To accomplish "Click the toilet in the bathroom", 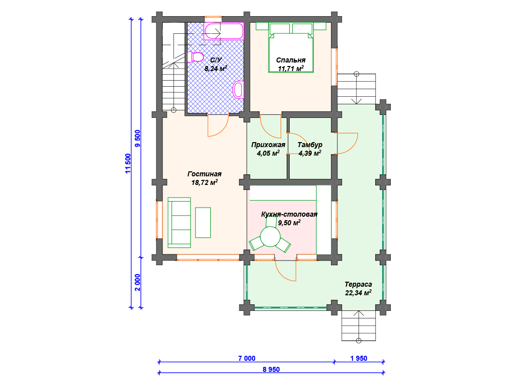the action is (196, 57).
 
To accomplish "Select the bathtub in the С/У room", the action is (224, 31).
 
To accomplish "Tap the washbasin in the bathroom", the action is (238, 89).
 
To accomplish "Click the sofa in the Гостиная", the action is (179, 222).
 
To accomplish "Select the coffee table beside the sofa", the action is (203, 222).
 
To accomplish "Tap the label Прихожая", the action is (268, 145).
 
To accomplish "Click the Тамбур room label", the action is (310, 145).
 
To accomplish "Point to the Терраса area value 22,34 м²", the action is (358, 293).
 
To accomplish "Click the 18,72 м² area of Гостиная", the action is (204, 182).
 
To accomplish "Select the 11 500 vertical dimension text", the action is (128, 163).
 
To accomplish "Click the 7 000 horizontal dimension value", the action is (246, 358).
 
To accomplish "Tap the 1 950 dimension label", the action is (359, 358).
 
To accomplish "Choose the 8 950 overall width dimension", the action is (271, 369).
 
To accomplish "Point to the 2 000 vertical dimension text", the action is (137, 283).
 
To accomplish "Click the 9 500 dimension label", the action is (137, 139).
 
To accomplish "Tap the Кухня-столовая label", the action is (289, 214).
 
